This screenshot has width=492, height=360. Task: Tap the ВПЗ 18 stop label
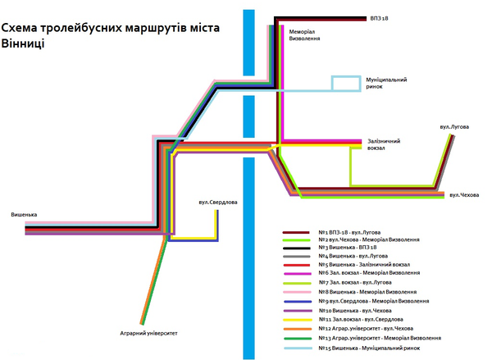coord(380,18)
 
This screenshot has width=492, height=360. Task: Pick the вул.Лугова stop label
coord(454,127)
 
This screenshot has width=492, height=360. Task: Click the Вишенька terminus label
coord(24,216)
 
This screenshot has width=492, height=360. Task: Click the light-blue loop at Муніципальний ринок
coord(345,83)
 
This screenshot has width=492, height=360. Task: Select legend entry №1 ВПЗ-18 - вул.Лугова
coord(360,232)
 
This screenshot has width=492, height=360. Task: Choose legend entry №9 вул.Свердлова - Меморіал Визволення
coord(374,301)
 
